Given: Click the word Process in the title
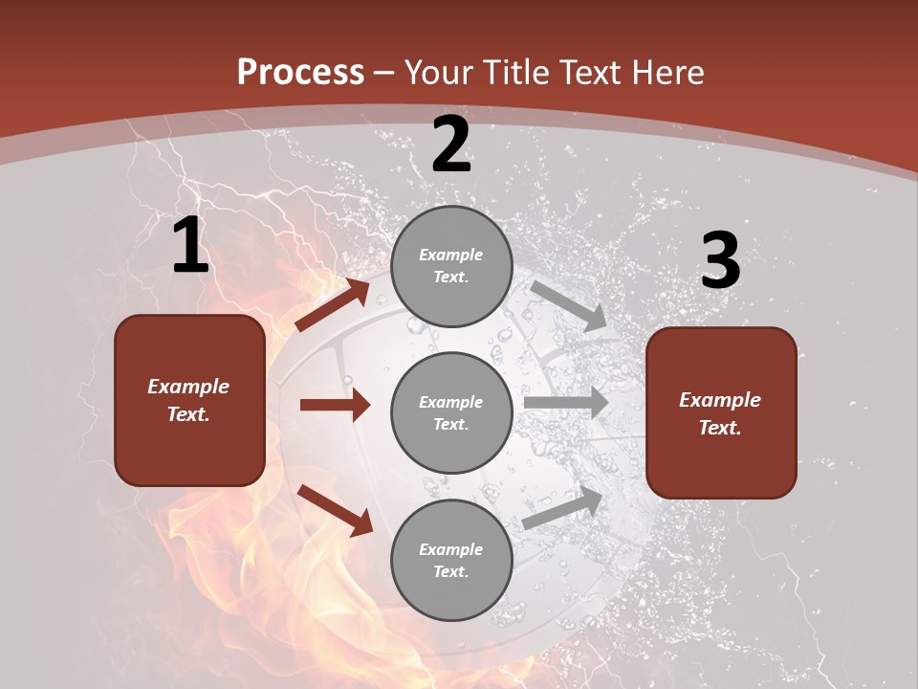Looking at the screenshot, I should click(300, 72).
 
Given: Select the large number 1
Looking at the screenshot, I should click(190, 246).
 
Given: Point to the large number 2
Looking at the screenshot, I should click(451, 145).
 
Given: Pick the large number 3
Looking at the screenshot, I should click(721, 261).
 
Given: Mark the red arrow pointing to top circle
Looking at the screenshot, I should click(332, 305).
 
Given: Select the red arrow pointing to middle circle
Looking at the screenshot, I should click(335, 405).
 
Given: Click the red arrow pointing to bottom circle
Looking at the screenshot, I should click(335, 510).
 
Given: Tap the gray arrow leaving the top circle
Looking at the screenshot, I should click(569, 306).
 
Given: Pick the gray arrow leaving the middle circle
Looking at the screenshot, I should click(566, 403).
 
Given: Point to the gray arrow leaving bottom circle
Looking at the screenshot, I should click(563, 508).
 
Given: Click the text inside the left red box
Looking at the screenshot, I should click(188, 400).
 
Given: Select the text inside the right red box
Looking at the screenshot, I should click(720, 413).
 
